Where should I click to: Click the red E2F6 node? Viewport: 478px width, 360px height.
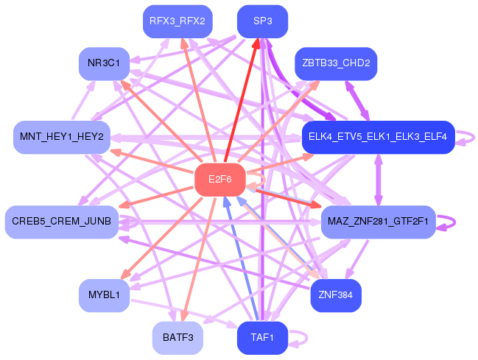(x=219, y=180)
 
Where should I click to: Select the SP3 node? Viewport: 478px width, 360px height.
(x=262, y=21)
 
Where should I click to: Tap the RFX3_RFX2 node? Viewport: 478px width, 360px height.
(x=178, y=21)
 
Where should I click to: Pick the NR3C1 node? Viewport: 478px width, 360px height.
(x=109, y=63)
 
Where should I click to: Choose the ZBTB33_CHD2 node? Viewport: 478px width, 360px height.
(x=336, y=63)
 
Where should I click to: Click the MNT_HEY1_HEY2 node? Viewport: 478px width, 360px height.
(x=62, y=138)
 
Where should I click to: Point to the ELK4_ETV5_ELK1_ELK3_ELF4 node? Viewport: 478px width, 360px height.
(x=378, y=137)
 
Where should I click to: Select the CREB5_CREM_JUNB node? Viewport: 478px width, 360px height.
(x=62, y=222)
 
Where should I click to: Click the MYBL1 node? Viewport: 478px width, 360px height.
(x=104, y=295)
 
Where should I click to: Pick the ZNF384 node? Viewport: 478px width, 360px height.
(x=336, y=295)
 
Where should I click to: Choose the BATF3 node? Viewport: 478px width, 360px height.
(x=178, y=338)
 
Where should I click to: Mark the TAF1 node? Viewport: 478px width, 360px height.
(x=262, y=338)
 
